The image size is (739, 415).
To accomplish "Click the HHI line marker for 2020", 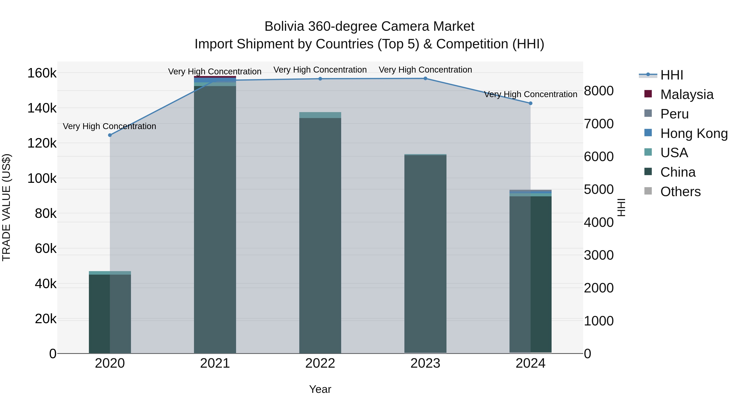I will (110, 135).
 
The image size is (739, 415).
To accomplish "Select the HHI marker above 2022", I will (320, 79).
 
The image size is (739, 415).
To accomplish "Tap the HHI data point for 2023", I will (425, 78).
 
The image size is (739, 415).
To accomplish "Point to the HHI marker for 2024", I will (530, 103).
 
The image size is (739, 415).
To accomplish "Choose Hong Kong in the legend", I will (694, 133).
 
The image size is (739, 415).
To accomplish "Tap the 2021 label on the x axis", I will (215, 363).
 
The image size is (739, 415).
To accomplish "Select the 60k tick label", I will (46, 249).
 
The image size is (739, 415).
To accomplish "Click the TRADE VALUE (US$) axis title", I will (6, 207).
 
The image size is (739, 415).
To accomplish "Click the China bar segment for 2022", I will (320, 235).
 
